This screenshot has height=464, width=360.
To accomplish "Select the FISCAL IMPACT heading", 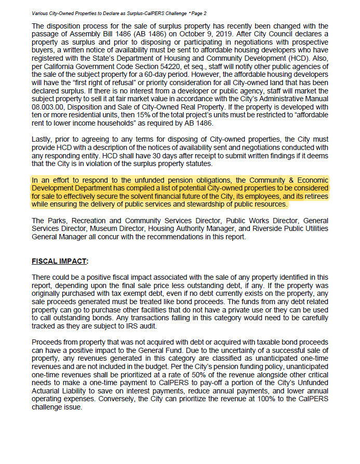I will [x=59, y=261].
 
